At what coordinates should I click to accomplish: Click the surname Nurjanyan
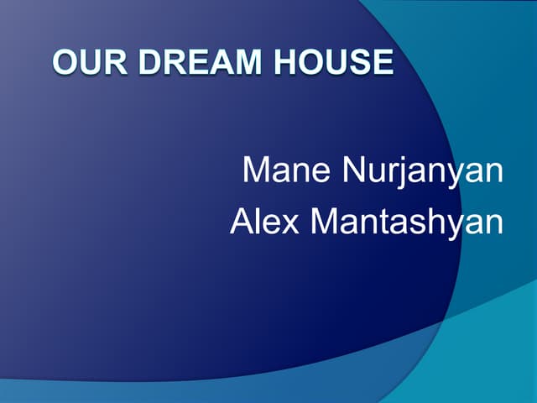[423, 171]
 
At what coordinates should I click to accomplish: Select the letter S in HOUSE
[360, 62]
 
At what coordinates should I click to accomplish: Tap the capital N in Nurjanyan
[354, 170]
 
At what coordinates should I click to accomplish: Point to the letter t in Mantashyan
[388, 221]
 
